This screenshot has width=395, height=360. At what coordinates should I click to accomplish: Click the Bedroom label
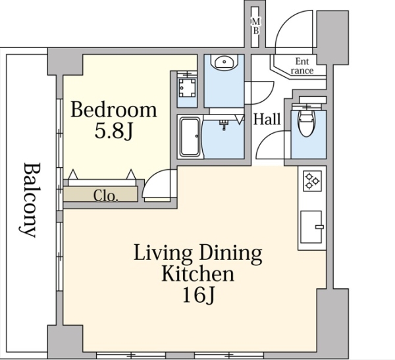coord(114,110)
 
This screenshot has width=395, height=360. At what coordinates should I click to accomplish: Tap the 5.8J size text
coord(113,131)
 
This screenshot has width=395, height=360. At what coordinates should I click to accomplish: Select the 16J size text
coord(198,295)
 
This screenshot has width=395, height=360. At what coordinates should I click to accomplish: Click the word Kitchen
coord(197,274)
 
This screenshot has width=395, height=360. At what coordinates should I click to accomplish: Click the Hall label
coord(267,119)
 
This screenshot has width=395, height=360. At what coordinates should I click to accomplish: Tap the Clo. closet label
coord(105,195)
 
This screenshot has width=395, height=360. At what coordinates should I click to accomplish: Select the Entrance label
coord(302,66)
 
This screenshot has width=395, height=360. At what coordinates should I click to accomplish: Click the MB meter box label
coord(255,26)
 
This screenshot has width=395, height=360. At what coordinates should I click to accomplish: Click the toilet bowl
coord(306,122)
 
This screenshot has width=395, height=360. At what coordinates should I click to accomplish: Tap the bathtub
coord(190,137)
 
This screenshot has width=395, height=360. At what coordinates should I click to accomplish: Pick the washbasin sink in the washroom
coord(224,61)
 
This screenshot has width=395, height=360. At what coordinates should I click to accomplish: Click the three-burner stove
coord(312,180)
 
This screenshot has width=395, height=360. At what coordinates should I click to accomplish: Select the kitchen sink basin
coord(311,227)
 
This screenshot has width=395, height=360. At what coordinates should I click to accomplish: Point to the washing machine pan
coord(187,88)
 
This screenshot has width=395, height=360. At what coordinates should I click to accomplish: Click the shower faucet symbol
coord(224,124)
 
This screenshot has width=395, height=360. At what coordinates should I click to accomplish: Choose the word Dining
coord(230,253)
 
